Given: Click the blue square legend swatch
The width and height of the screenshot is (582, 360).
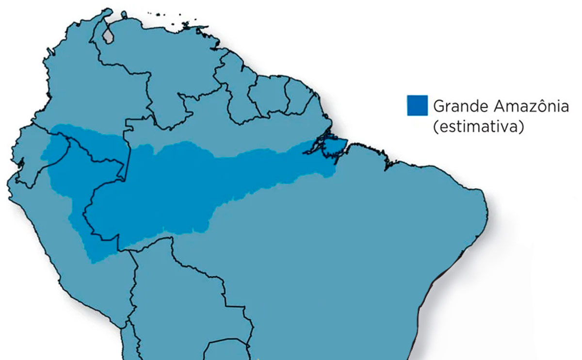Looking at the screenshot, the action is pos(417,106).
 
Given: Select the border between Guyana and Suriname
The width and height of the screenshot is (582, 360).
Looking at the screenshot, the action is pos(250,97).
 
